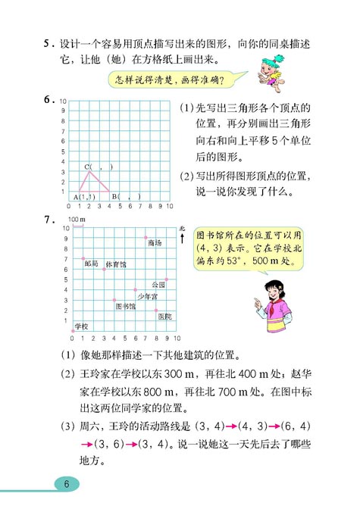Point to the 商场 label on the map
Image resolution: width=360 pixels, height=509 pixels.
point(155,242)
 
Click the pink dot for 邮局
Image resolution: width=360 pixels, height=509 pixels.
point(83,258)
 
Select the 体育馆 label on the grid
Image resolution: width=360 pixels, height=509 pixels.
point(115,264)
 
